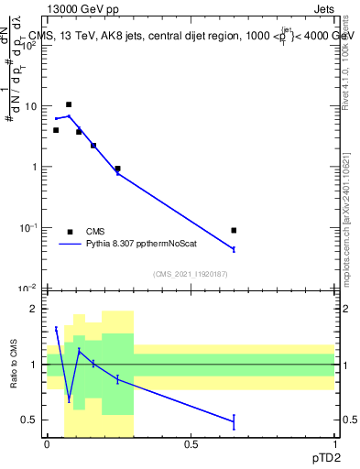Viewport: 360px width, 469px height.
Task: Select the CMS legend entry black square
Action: tap(69, 232)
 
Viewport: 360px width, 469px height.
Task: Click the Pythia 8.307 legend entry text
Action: tap(137, 245)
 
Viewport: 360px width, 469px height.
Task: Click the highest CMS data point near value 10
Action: tap(69, 104)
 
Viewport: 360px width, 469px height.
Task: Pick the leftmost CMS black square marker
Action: tap(56, 130)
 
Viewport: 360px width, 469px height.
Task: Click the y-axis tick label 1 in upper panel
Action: tap(37, 167)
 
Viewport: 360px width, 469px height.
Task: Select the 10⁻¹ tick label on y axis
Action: tap(30, 227)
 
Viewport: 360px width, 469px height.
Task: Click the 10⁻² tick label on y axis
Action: tap(30, 288)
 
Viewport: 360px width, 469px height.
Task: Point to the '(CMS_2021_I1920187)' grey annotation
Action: tap(190, 274)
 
